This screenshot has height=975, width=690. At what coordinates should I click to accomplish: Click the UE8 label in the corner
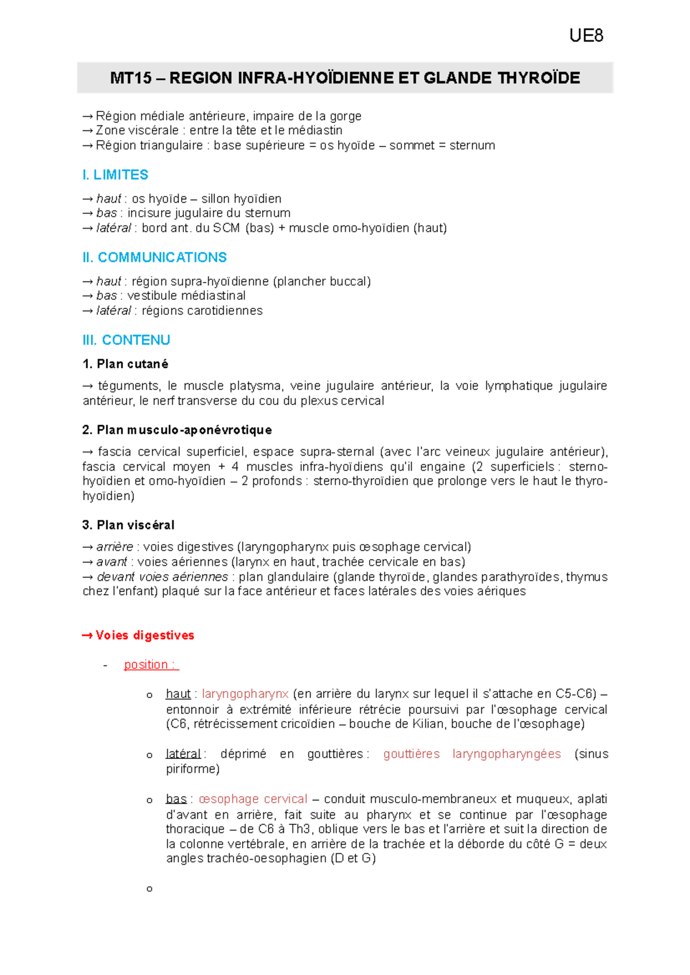586,36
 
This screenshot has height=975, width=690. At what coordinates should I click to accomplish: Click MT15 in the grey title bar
131,78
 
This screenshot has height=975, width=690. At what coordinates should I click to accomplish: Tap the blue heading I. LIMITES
115,175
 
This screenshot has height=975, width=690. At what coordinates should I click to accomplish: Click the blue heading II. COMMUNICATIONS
154,257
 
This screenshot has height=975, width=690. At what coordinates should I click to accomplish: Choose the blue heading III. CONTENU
126,340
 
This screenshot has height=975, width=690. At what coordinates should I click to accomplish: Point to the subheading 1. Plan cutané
125,364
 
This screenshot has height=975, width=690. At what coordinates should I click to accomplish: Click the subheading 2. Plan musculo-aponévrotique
177,430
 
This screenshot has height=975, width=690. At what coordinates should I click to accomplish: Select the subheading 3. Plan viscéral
128,525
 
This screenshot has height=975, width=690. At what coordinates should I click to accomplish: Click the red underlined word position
146,665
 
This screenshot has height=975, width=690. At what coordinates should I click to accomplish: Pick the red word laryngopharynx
245,694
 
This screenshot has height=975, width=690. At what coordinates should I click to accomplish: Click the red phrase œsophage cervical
253,799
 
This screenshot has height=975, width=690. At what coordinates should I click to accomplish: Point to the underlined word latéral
183,754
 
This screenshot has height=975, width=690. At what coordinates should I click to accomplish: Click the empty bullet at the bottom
149,889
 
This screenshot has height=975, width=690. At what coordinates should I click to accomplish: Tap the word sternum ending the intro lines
472,145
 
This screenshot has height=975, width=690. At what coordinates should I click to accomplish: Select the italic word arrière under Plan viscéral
114,547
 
